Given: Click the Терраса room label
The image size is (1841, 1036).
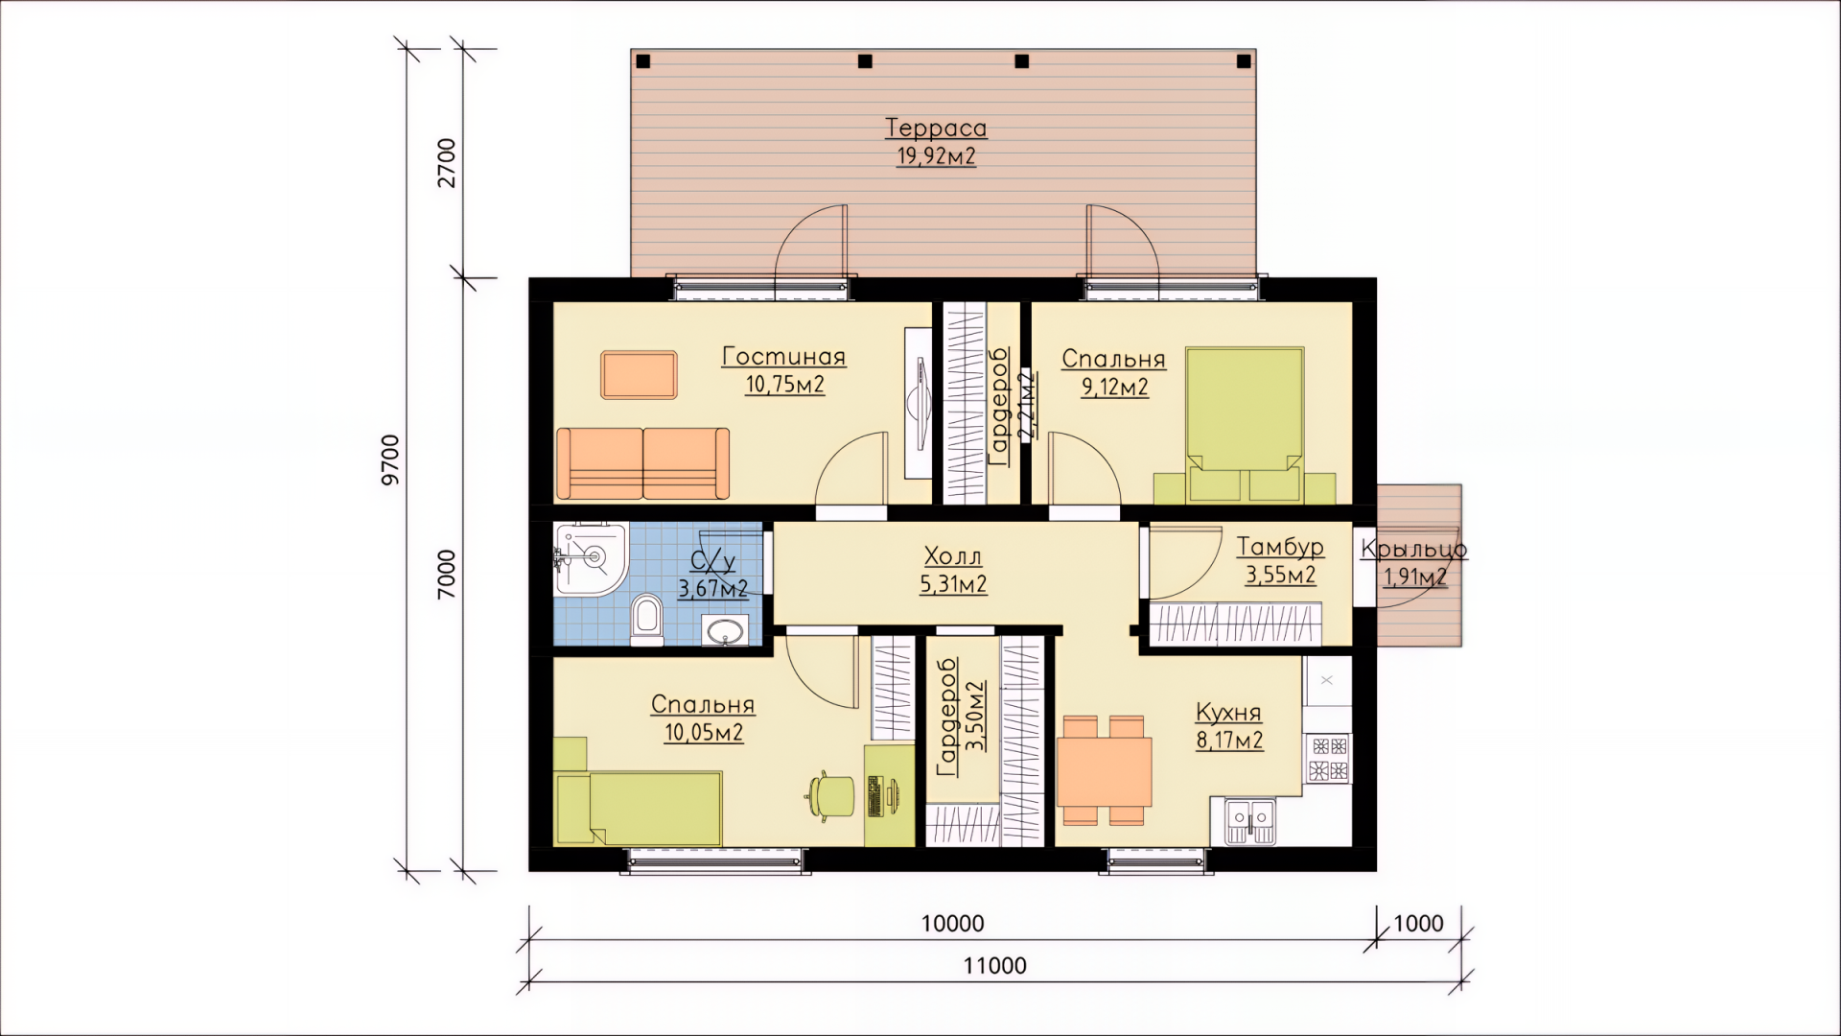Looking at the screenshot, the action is coord(936,128).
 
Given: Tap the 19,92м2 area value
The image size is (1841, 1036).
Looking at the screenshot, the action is coord(936,156).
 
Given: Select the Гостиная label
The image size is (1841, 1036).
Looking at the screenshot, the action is coord(784,357).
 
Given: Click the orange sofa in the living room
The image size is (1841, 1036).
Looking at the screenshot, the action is coord(642,463).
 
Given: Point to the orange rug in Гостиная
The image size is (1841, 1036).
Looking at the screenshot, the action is coord(639,374).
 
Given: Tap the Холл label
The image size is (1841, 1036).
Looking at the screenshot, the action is coord(953,556).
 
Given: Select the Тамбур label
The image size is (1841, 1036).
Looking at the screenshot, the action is coord(1280,547).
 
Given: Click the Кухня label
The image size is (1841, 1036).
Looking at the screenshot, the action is coord(1228,713).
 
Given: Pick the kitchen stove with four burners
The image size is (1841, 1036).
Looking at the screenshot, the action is coord(1328,759).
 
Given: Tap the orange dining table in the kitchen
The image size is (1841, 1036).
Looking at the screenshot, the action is coord(1104,772).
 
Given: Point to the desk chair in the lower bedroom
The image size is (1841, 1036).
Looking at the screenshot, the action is coord(829,795).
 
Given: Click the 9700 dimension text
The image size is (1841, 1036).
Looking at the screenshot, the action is coord(391,460).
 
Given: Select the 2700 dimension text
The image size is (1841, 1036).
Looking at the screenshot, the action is coord(448,163).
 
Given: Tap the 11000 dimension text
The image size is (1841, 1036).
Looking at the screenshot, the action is coord(995,966).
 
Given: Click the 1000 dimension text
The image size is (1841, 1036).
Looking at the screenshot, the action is coord(1418,924).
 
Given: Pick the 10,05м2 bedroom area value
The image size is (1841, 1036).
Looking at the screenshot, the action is coord(704,734).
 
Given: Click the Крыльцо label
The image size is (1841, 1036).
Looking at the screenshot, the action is coord(1413,550).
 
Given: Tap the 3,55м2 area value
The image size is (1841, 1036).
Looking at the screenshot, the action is coord(1280,576).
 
